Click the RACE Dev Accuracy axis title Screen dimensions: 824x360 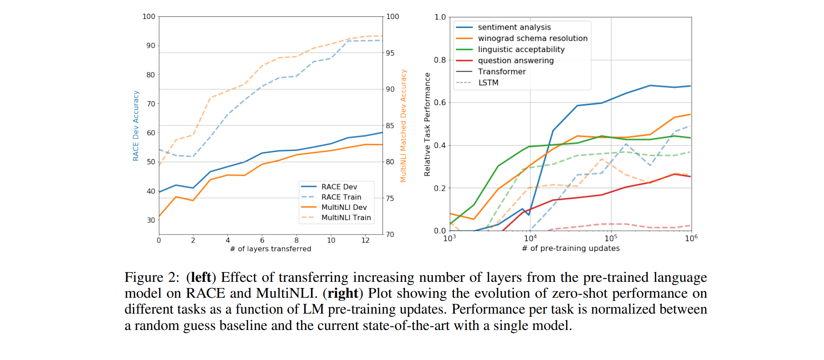[136, 126]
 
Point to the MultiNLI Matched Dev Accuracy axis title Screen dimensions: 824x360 [403, 126]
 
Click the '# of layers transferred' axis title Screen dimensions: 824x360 [270, 249]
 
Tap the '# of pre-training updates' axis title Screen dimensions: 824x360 [571, 248]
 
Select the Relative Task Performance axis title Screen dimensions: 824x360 [427, 125]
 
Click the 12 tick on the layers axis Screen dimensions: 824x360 [365, 240]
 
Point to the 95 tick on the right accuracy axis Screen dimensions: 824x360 [390, 53]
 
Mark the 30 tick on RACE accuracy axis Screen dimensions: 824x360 [151, 220]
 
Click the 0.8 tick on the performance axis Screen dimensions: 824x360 [440, 60]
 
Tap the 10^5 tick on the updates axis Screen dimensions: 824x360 [611, 238]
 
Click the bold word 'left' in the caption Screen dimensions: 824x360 [201, 277]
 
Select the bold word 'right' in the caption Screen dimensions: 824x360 [343, 293]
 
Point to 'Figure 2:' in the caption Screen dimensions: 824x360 [152, 277]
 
